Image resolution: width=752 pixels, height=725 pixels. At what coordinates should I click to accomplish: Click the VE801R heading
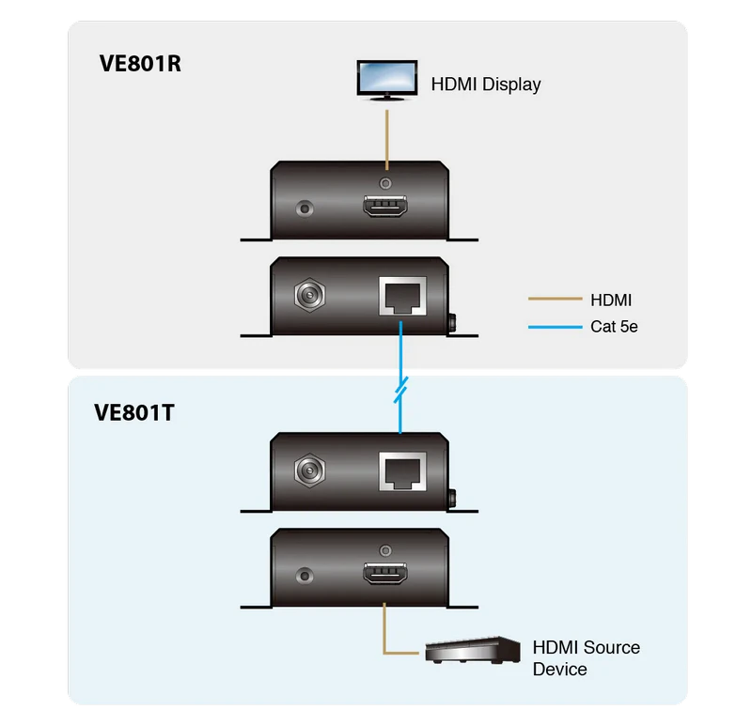tap(140, 64)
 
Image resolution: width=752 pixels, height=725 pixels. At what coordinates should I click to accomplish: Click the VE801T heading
tap(134, 412)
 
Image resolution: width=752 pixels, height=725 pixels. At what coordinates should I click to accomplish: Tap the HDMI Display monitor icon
tap(387, 81)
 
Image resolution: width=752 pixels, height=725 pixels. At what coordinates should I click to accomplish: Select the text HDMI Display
tap(486, 85)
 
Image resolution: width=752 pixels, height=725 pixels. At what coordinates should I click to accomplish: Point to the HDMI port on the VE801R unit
tap(385, 206)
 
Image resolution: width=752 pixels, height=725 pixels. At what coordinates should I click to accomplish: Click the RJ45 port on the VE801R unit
tap(402, 296)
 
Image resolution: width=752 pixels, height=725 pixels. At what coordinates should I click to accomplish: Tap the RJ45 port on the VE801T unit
tap(402, 471)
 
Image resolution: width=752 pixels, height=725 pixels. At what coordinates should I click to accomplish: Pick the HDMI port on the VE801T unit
tap(385, 573)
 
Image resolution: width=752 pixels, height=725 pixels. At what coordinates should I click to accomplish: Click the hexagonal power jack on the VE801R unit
tap(310, 295)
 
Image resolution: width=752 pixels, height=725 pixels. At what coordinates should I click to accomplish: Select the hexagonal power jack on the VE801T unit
tap(310, 470)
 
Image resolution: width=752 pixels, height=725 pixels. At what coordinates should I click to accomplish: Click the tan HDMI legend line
tap(555, 299)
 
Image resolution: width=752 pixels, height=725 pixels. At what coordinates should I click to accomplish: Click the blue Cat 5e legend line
tap(555, 327)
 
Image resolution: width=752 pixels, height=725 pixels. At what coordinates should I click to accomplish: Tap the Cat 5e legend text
tap(614, 327)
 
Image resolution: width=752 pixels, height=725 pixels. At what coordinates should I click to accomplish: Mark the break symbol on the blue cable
tap(401, 390)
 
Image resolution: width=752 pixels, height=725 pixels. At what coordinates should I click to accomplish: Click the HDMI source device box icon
tap(473, 650)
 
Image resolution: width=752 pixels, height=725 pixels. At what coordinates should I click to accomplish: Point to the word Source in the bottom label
tap(613, 648)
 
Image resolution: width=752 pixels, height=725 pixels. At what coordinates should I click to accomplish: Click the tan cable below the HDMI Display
tap(387, 140)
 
